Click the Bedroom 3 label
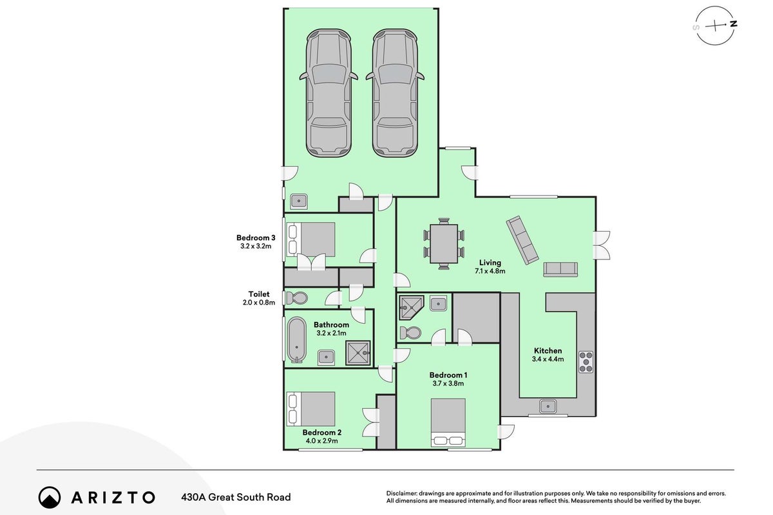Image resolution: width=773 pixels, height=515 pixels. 256,238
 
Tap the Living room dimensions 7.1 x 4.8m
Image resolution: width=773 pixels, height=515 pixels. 490,271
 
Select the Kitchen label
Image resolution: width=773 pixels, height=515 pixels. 548,350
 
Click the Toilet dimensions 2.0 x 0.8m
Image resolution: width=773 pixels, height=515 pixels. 259,303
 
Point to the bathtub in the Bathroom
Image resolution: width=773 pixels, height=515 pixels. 297,339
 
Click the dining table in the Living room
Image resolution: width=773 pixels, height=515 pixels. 444,243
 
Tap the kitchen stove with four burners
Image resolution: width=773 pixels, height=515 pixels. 586,362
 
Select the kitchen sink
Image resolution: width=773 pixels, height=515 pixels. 548,406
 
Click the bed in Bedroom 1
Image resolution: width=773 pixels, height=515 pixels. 448,422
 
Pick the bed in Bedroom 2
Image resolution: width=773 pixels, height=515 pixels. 310,409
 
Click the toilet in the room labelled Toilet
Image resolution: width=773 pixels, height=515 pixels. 296,298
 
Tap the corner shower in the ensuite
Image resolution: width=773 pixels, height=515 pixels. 412,308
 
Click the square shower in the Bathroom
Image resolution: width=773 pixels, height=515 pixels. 358,353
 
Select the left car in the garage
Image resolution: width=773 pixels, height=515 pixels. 328,93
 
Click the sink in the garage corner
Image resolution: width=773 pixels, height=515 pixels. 298,201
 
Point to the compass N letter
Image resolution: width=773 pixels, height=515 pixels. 734,24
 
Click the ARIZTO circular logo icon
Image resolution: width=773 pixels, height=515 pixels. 50,498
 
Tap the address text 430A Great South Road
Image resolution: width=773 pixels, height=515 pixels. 236,497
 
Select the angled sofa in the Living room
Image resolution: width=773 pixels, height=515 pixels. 522,240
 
